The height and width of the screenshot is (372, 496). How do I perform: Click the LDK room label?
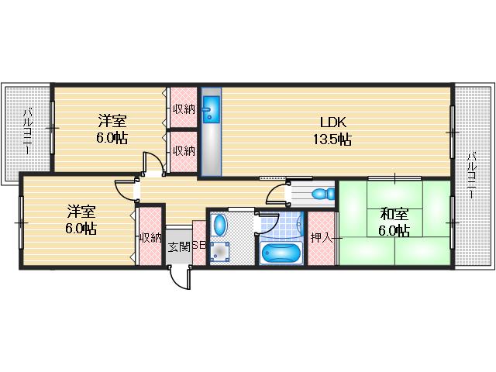[332, 122]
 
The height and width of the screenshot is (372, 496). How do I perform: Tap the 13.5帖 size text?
[332, 139]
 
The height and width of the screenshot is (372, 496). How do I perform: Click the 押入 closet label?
[322, 238]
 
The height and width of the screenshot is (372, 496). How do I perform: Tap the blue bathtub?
[280, 253]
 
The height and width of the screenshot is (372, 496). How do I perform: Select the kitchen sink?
[212, 109]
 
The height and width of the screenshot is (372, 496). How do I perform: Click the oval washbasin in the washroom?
[220, 225]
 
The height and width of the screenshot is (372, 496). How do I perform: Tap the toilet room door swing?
[277, 195]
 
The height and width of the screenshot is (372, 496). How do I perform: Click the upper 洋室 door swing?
[153, 164]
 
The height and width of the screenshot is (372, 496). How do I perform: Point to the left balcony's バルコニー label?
[28, 131]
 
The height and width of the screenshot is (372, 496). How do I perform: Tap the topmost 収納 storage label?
[184, 109]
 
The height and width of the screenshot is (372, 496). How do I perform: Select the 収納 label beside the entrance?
[151, 238]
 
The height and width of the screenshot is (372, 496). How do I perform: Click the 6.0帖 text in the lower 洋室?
[81, 229]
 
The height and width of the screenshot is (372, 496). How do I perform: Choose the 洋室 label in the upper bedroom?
[112, 121]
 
